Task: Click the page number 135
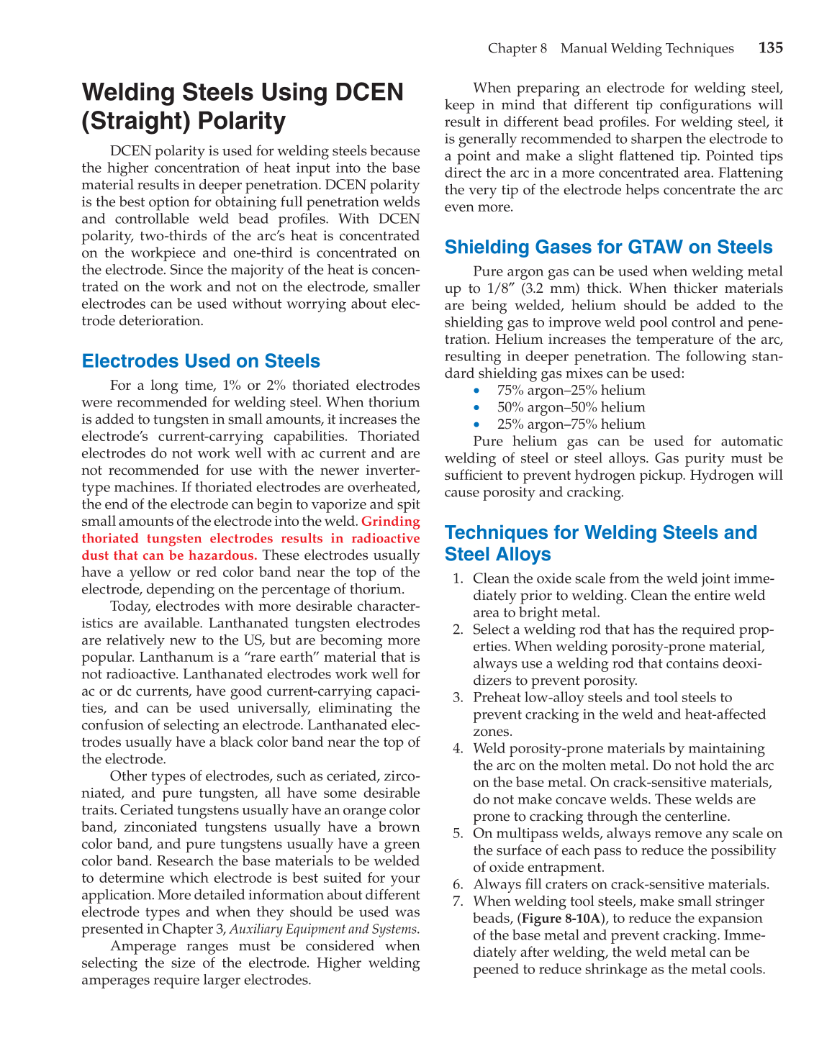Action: [770, 48]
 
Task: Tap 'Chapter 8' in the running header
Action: [517, 48]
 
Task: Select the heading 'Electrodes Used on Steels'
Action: [201, 361]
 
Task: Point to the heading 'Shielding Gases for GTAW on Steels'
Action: [608, 247]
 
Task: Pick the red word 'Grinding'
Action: [390, 522]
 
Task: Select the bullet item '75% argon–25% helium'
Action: [571, 391]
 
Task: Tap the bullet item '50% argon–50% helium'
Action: [571, 407]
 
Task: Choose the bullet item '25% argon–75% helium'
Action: [571, 424]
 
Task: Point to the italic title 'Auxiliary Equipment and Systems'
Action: [323, 929]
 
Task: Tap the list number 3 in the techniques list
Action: [458, 698]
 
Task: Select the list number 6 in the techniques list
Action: [458, 885]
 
